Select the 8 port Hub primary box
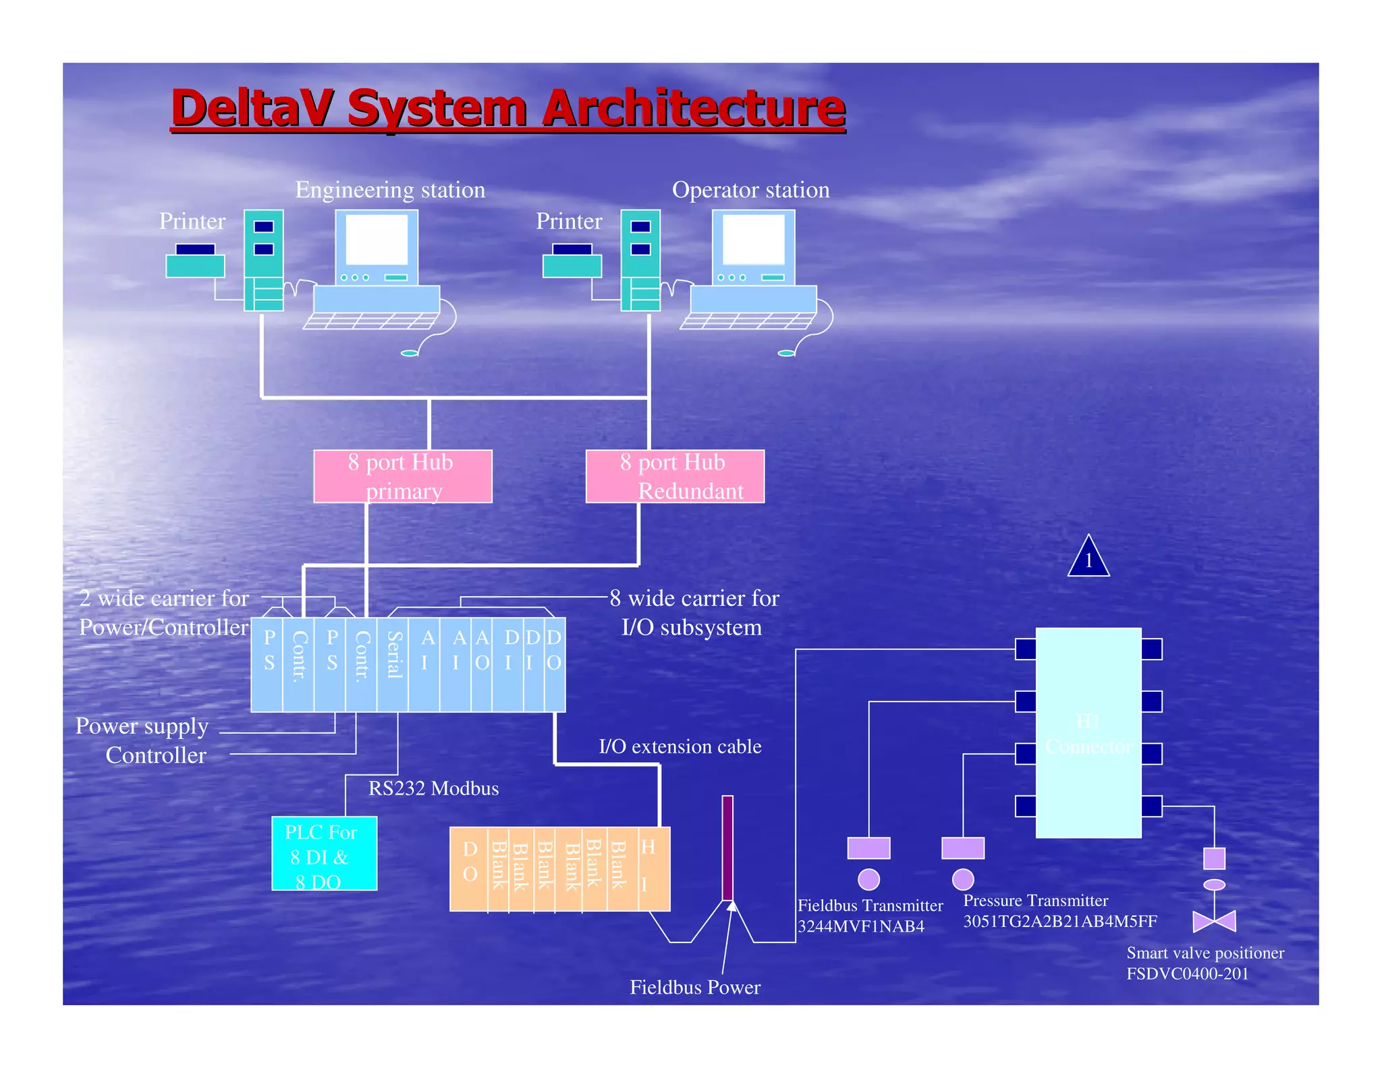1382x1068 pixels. point(403,476)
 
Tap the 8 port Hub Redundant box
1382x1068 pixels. point(675,476)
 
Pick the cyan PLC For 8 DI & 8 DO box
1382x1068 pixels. point(324,854)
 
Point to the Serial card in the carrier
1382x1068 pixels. point(393,665)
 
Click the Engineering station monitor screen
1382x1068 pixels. point(377,240)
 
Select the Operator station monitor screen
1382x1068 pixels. point(754,240)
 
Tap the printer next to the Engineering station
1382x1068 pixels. point(195,261)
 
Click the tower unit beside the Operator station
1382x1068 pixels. point(640,260)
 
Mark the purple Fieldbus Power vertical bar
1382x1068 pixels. point(727,847)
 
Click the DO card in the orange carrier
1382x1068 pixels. point(470,868)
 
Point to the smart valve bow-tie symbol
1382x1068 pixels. point(1214,921)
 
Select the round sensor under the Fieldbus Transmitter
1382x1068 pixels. point(868,879)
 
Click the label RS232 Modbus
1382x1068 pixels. point(433,789)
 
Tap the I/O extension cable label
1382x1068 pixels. point(680,747)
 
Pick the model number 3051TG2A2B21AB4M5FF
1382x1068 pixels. point(1060,922)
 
